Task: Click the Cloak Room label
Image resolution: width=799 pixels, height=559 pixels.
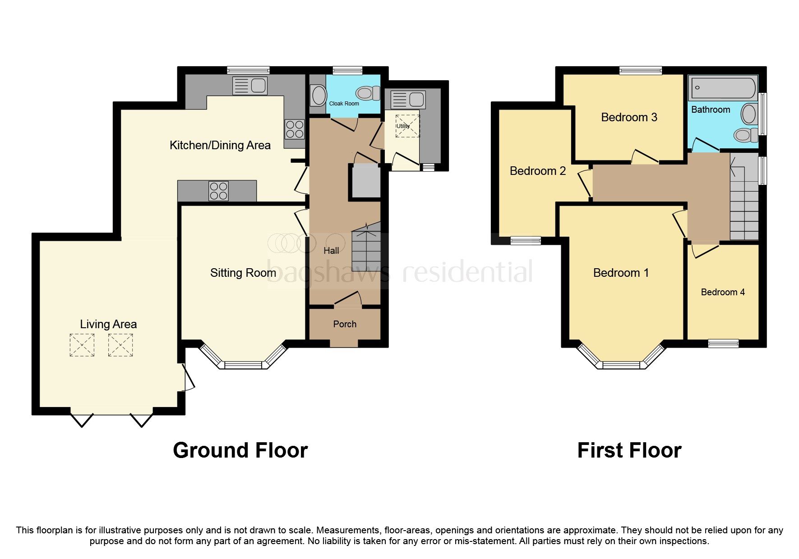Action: [344, 104]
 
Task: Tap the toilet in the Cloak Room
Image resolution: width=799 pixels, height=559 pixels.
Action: [368, 93]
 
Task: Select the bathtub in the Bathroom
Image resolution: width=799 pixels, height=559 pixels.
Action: [722, 88]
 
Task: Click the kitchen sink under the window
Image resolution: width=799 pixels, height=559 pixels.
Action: [249, 86]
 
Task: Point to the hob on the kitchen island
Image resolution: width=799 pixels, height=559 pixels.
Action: [218, 190]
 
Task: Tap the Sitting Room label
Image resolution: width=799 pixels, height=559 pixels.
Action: [243, 273]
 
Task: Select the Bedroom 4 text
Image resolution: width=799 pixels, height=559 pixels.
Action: [722, 292]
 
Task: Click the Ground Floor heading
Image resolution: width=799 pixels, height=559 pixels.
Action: [240, 450]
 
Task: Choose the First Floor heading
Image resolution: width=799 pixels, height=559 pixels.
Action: [629, 450]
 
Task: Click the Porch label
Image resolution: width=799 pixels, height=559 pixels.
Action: [345, 324]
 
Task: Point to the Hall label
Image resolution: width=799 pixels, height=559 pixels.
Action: [331, 251]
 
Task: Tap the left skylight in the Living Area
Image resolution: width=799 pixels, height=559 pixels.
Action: [82, 345]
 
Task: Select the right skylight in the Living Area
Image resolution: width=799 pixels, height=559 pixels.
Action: [120, 345]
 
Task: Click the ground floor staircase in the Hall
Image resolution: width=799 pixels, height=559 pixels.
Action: [366, 248]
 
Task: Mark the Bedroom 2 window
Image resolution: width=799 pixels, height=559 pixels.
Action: [526, 240]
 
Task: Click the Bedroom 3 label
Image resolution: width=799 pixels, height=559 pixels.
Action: [629, 117]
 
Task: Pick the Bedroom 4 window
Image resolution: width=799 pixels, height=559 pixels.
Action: [723, 344]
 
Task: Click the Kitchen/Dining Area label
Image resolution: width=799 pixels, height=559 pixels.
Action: [220, 145]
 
